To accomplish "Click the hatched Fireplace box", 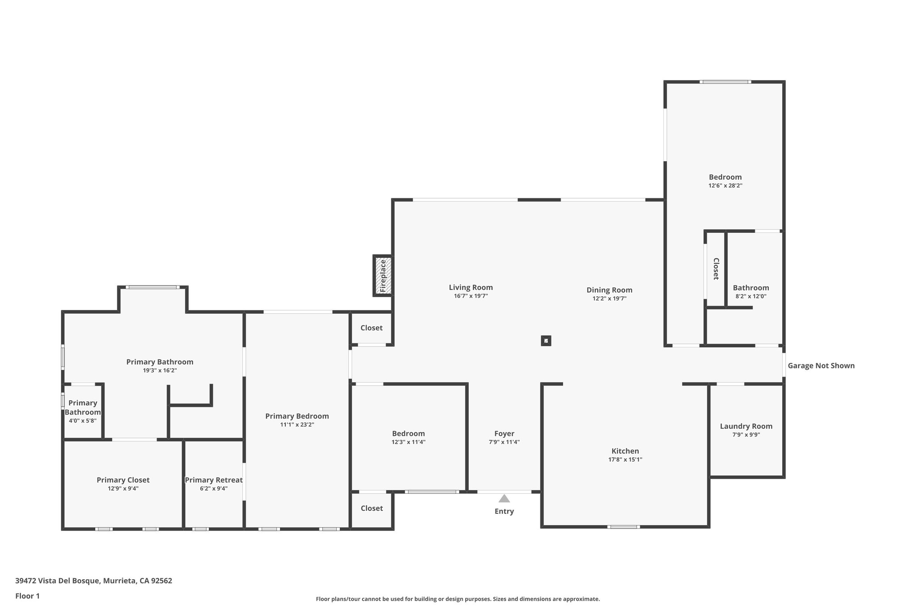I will [x=383, y=276].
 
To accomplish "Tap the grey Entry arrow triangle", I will [x=504, y=499].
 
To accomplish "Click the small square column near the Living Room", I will [x=546, y=341].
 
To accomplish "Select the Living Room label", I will [x=471, y=287].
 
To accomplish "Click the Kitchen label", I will [x=625, y=451].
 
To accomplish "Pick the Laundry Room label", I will [x=746, y=426].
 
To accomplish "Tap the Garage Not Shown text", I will [x=821, y=366].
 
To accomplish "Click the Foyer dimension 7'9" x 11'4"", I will [x=504, y=442].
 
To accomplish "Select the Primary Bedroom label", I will [x=297, y=416].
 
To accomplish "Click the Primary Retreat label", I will [x=214, y=480].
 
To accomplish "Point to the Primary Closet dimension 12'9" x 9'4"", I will [x=123, y=488].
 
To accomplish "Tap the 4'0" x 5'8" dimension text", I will [x=83, y=421].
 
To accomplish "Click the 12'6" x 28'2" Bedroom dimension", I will [x=725, y=185].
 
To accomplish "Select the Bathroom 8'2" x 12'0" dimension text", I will [x=751, y=296].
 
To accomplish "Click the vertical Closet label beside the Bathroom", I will [x=716, y=269].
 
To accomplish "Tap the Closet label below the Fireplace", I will [x=371, y=328].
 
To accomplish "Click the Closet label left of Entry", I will [x=372, y=508].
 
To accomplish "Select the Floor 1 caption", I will [x=27, y=596].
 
